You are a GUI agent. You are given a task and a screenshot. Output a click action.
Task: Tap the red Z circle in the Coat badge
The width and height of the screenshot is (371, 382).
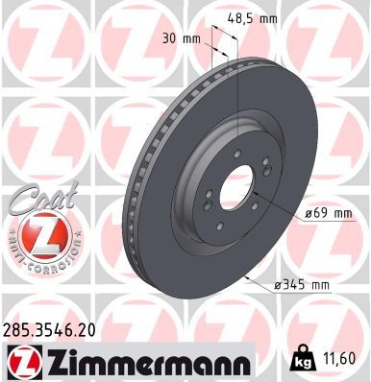tap(38, 235)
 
